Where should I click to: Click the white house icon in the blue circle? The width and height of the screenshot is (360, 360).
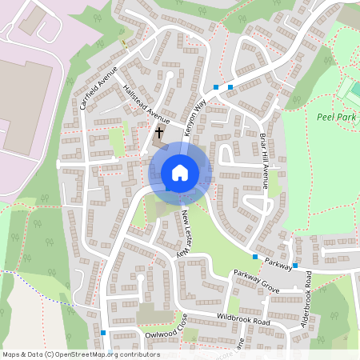click(x=180, y=173)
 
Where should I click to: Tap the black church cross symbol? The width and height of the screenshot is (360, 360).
click(x=159, y=132)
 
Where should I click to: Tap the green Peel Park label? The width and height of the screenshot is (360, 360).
click(x=336, y=117)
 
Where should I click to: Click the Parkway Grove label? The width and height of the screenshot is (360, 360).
click(x=256, y=279)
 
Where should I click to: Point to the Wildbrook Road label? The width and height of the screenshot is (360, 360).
click(x=242, y=320)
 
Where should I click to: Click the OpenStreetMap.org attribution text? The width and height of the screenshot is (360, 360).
click(x=80, y=354)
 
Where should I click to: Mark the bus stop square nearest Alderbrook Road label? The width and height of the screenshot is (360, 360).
click(x=295, y=266)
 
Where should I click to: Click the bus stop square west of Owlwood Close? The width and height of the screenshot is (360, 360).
click(x=103, y=333)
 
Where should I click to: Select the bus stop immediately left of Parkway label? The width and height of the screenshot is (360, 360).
click(x=255, y=257)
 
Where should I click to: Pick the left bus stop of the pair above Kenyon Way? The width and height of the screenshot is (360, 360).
click(x=216, y=86)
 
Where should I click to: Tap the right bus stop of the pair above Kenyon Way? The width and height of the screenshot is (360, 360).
click(x=230, y=86)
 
